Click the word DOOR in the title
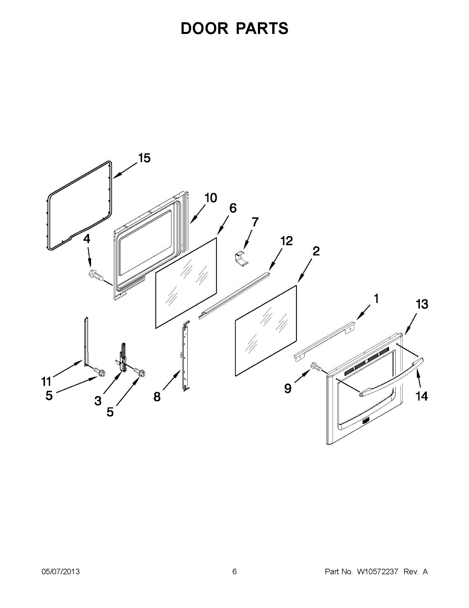pos(204,28)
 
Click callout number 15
pos(144,158)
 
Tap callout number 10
pos(210,198)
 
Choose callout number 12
pos(286,241)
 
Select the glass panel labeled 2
pos(266,332)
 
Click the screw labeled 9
pos(316,366)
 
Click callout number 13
pos(421,304)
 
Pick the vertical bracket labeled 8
pos(186,357)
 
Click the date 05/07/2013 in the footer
pos(60,572)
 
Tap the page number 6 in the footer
pos(234,572)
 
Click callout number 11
pos(47,381)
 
